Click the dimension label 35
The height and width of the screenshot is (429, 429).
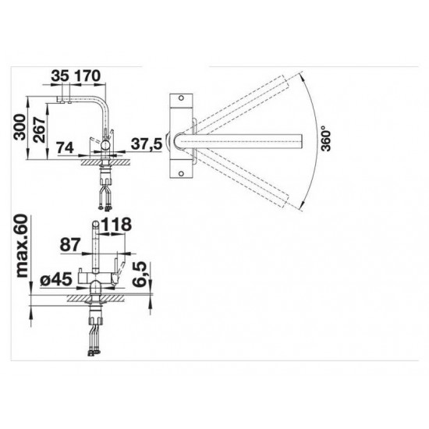60,76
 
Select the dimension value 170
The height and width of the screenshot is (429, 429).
87,76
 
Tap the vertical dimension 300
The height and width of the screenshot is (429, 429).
19,127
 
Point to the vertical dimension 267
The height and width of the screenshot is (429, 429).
39,129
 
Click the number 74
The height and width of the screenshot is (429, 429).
65,147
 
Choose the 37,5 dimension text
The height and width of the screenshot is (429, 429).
147,144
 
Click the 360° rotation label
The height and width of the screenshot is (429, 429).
326,138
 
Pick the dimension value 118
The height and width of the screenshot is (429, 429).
116,225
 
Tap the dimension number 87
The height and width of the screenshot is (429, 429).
70,245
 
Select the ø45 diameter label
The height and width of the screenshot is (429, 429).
56,279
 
